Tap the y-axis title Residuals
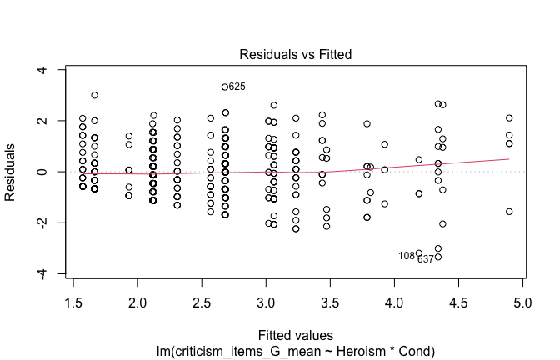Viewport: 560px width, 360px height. coord(12,172)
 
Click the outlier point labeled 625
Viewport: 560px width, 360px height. coord(225,87)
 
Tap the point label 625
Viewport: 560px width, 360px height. coord(237,87)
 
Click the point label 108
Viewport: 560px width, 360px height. coord(407,256)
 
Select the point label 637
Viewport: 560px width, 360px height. coord(426,259)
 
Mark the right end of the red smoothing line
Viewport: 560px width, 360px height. coord(509,158)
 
